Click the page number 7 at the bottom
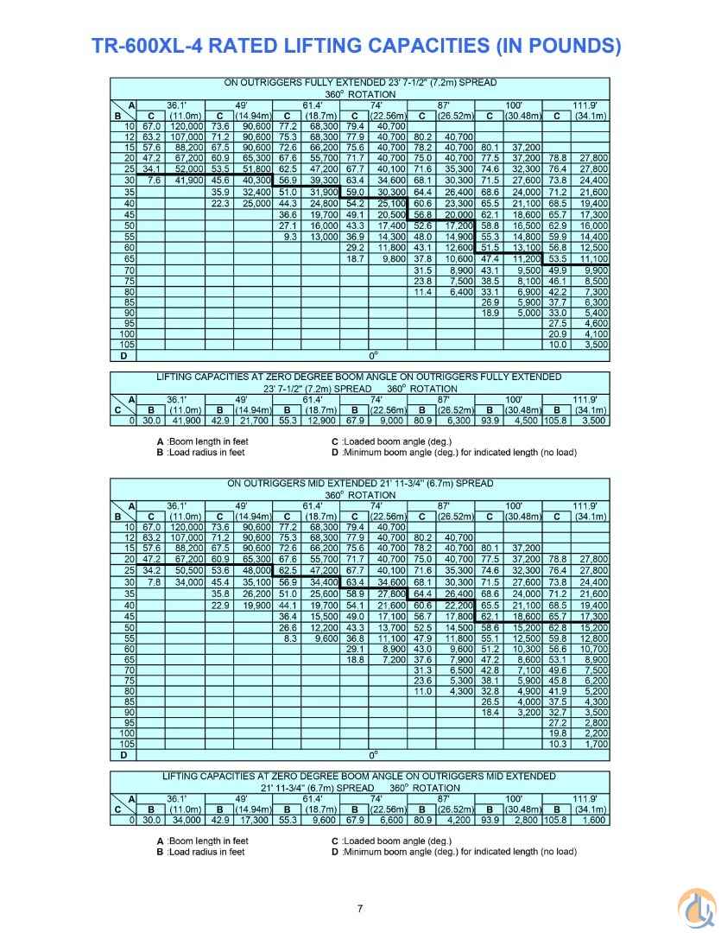tap(360, 907)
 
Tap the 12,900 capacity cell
tap(324, 421)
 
